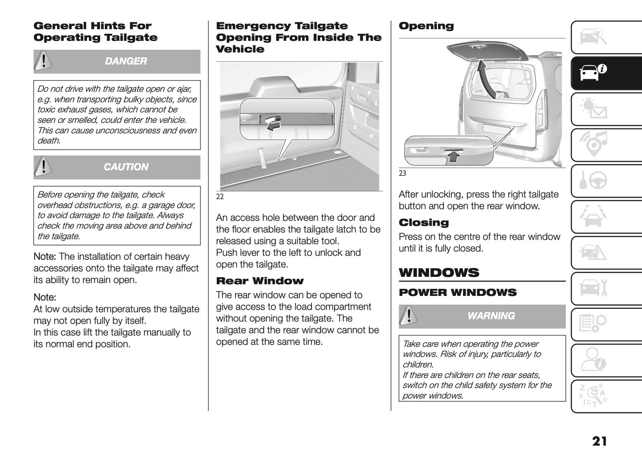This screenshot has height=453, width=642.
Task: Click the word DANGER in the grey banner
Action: tap(126, 61)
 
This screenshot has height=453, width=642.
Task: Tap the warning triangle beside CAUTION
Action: tap(43, 166)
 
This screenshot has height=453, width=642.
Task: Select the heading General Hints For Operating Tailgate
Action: tap(96, 32)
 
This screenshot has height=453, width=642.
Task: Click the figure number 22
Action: tap(220, 197)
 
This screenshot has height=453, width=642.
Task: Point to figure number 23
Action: tap(402, 174)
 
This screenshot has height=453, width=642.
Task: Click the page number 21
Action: tap(599, 441)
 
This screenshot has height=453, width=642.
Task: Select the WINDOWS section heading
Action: tap(439, 272)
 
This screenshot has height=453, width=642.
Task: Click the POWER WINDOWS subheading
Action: tap(458, 292)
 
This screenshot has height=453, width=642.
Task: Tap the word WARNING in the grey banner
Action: tap(491, 315)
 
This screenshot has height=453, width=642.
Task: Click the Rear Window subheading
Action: tap(259, 281)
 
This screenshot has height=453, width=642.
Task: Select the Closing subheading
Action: tap(424, 222)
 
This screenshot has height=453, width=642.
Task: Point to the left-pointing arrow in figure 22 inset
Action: tap(272, 126)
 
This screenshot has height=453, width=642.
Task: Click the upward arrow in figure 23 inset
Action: tap(452, 155)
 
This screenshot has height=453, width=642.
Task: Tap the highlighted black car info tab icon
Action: tap(593, 73)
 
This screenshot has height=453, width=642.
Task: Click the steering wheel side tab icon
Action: tap(593, 181)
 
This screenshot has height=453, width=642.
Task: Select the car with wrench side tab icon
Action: tap(593, 288)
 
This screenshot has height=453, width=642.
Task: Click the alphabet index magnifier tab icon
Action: tap(593, 396)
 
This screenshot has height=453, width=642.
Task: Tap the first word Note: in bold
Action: tap(44, 257)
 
